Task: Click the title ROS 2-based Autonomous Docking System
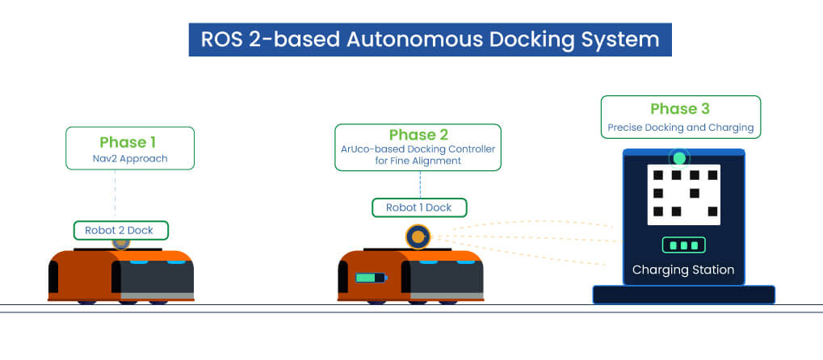430,39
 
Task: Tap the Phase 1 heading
129,142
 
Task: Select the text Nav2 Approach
129,158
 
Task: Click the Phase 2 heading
418,135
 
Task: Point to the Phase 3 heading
680,109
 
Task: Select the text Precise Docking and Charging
680,128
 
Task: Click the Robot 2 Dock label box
120,230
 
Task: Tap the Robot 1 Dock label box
418,207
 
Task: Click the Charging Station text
683,270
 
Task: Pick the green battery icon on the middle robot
370,279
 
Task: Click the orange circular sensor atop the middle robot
418,236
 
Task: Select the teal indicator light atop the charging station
680,158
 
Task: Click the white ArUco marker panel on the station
683,195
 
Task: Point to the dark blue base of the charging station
683,295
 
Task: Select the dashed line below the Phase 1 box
115,194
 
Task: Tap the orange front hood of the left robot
81,274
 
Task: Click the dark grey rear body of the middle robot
444,278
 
